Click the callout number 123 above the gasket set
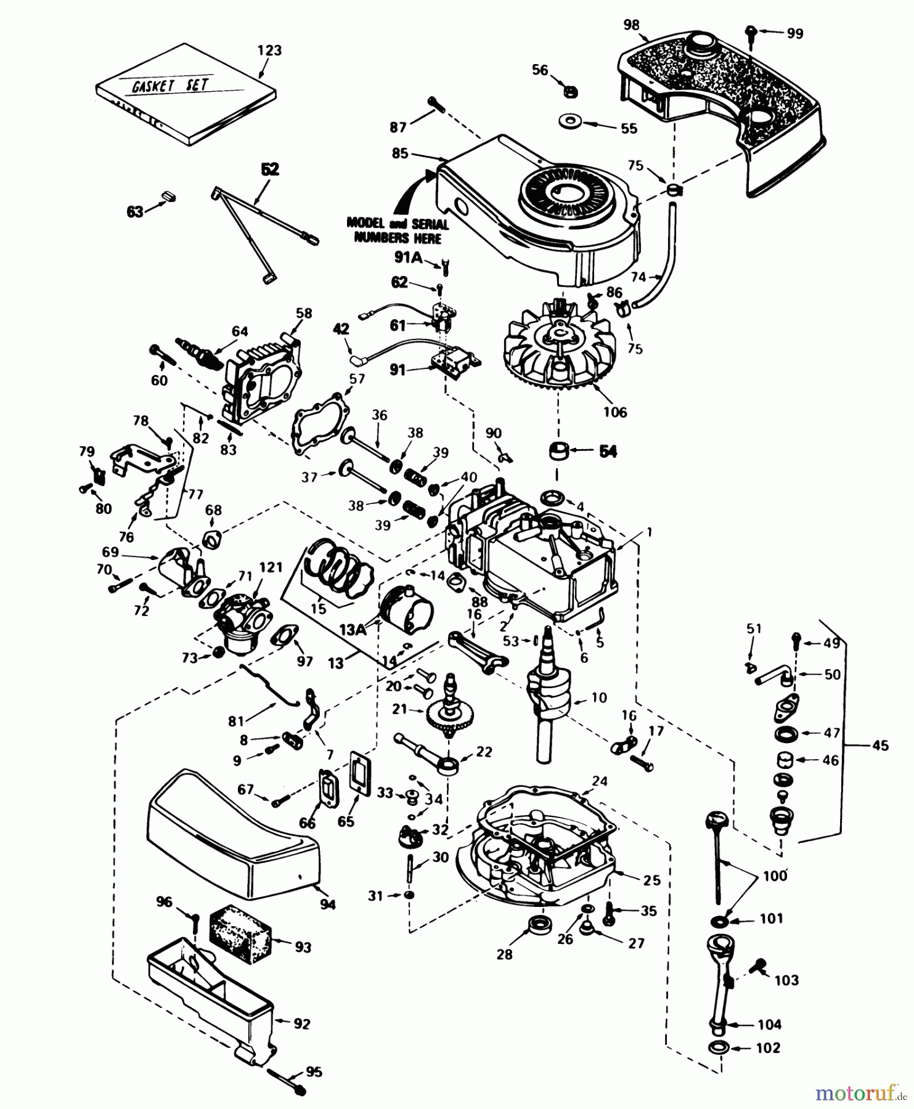[270, 51]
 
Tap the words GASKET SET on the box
[170, 85]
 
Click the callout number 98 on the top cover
[631, 26]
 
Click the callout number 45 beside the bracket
[881, 746]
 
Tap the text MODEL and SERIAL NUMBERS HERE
[397, 230]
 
